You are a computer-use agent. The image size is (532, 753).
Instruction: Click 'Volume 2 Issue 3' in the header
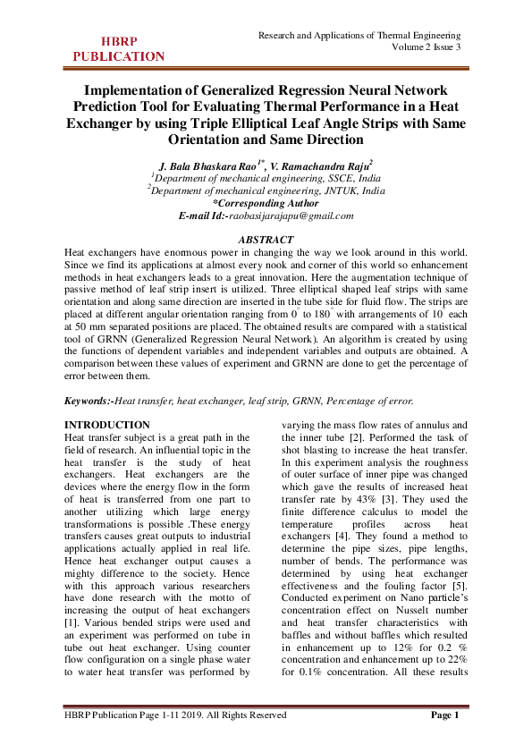[423, 47]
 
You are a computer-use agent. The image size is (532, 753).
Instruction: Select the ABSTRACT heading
[266, 240]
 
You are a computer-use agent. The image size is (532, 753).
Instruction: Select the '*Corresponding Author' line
[266, 203]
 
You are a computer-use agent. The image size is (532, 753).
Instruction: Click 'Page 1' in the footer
[444, 715]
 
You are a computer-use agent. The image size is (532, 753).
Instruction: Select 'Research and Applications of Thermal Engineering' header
[360, 35]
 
